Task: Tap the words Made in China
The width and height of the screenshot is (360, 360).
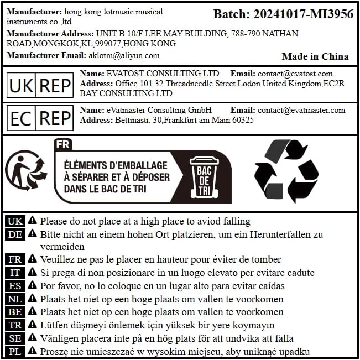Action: [315, 56]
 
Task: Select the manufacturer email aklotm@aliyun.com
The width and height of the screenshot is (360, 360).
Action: [124, 55]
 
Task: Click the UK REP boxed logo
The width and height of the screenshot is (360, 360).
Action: [40, 85]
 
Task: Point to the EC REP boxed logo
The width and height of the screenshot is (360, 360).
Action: [40, 118]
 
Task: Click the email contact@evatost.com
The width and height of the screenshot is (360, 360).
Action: [295, 74]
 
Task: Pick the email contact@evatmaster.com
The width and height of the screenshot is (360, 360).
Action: [301, 110]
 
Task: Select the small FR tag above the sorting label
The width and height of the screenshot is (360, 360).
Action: [62, 145]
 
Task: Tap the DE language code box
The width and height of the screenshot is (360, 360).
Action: [15, 234]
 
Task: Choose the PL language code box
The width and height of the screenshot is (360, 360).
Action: [15, 352]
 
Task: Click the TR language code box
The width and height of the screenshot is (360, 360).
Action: [15, 326]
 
